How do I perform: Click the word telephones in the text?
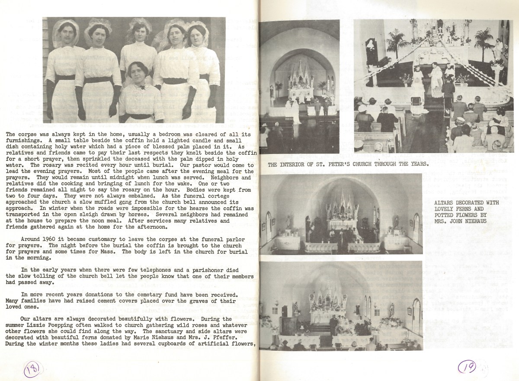137,270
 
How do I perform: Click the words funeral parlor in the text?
225,239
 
